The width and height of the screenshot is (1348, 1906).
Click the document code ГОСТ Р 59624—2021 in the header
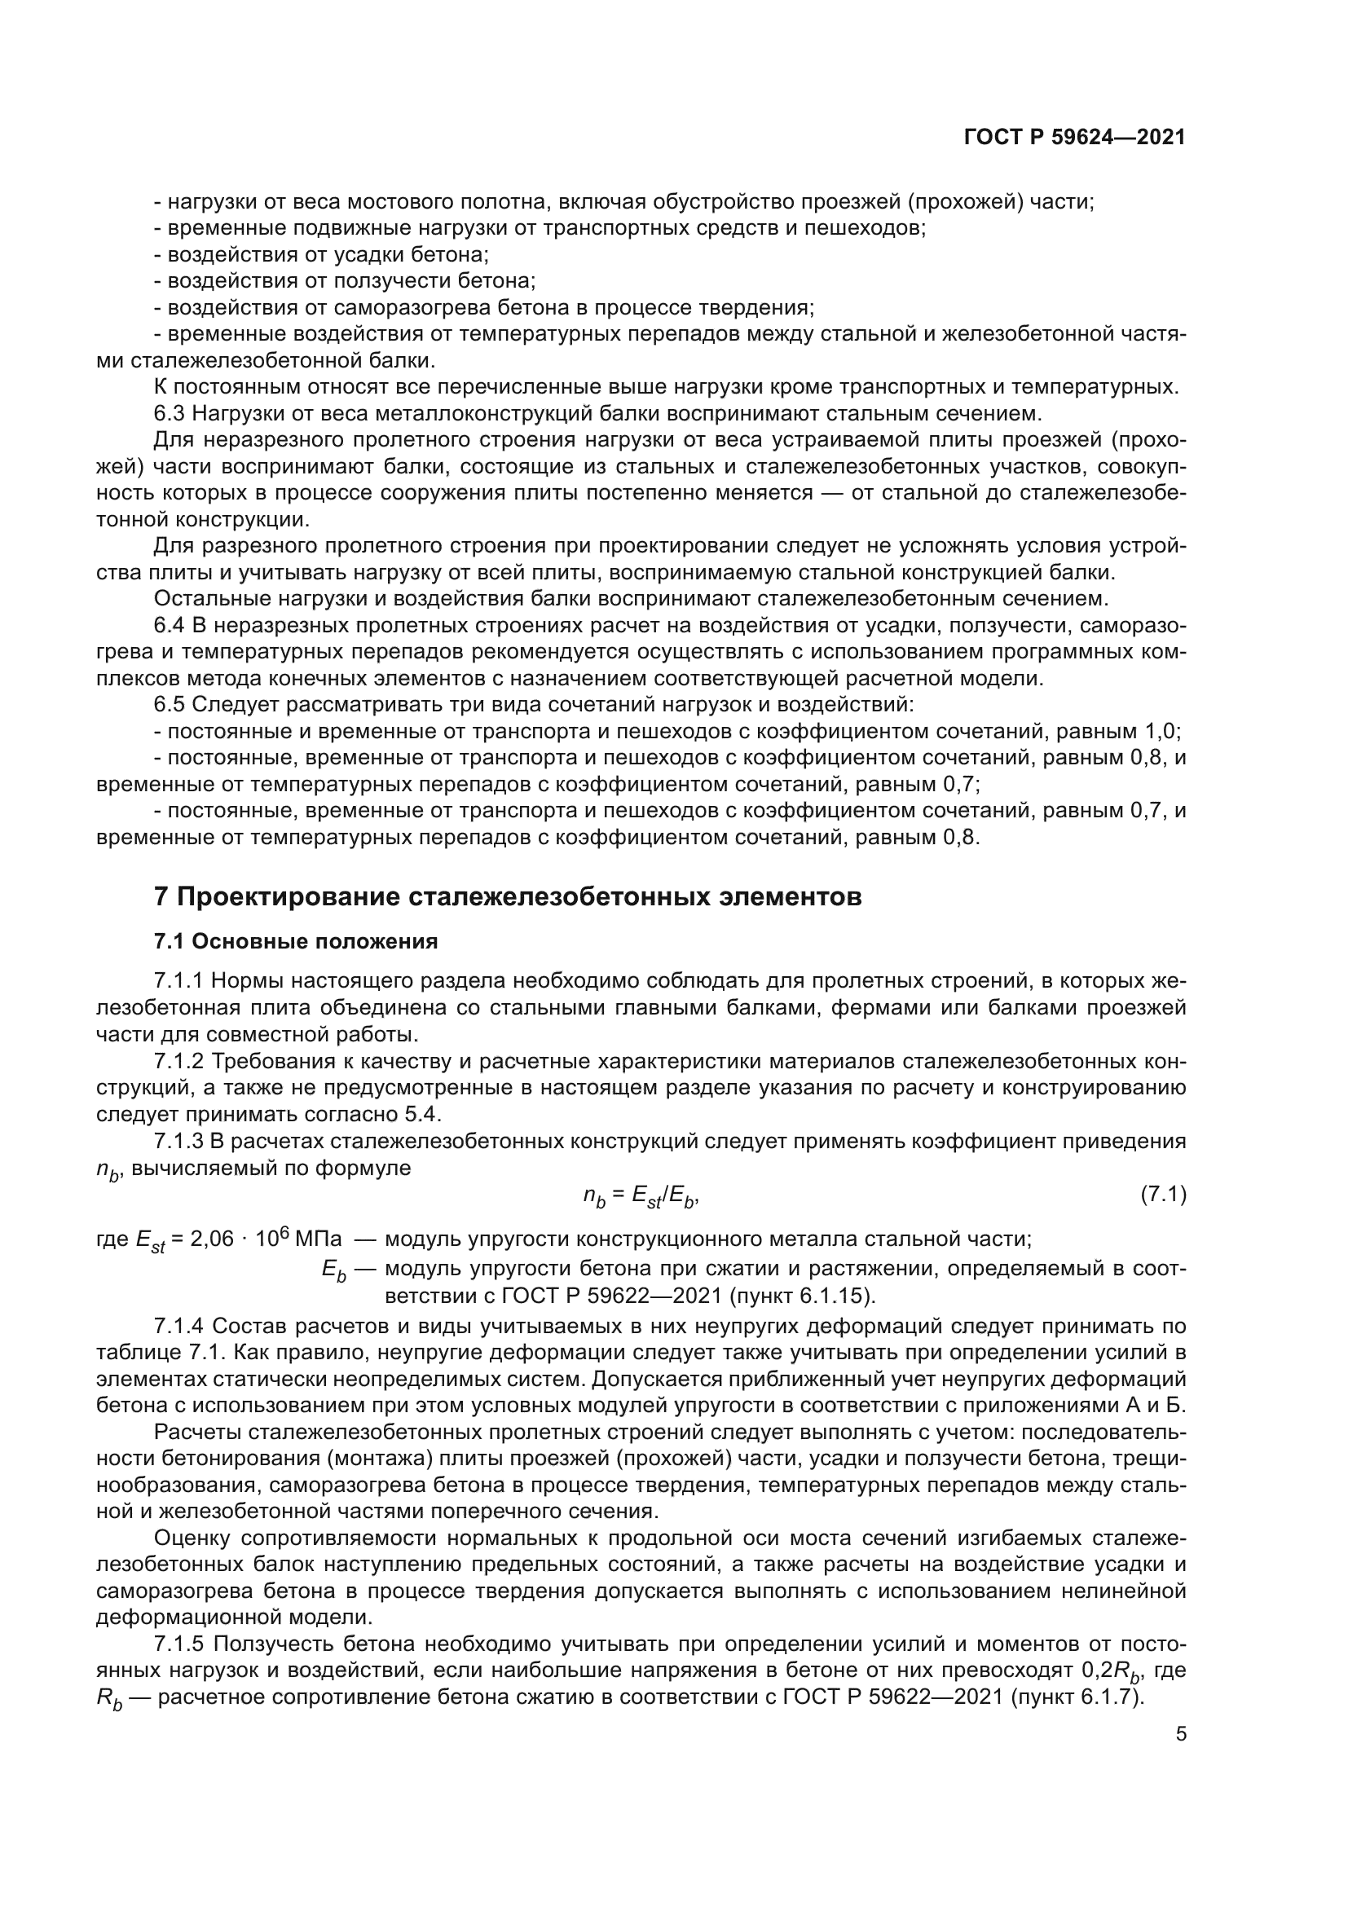pos(1074,138)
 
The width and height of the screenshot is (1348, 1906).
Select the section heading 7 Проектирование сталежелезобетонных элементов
pos(507,897)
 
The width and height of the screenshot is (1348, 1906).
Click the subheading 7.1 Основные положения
pos(296,941)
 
